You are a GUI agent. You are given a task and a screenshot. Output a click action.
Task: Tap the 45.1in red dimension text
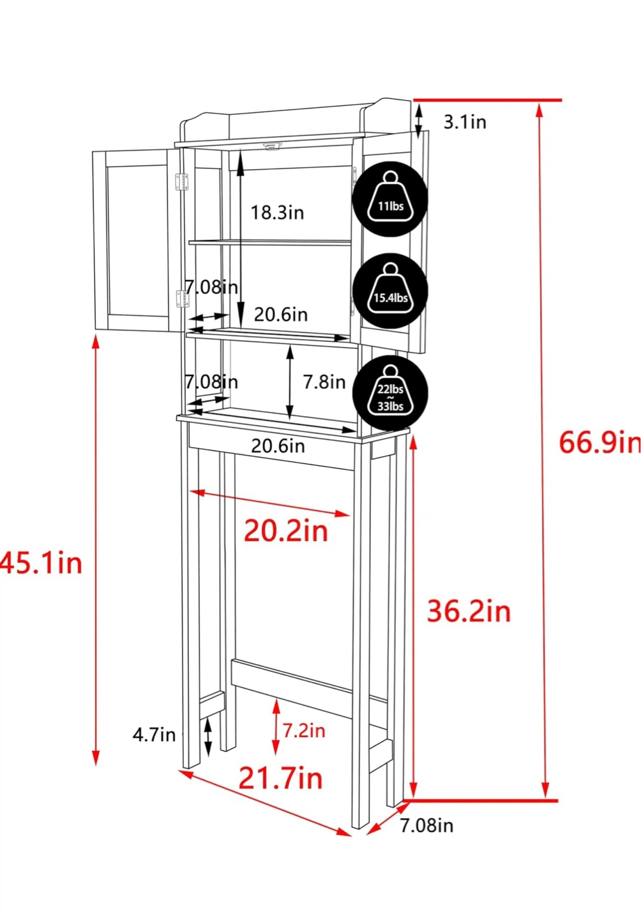click(41, 562)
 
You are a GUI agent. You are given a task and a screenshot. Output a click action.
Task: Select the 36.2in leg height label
click(469, 611)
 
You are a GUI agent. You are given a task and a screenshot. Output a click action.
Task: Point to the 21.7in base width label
click(281, 779)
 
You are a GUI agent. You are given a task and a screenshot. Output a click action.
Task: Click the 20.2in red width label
click(286, 531)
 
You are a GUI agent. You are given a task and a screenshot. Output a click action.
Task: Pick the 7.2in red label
click(304, 731)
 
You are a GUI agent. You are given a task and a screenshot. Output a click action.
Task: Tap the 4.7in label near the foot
click(154, 735)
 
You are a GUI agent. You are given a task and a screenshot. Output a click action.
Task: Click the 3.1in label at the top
click(465, 122)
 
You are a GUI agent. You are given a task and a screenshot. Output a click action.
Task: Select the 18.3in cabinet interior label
click(278, 213)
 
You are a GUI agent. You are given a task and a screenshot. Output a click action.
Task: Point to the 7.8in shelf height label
click(324, 382)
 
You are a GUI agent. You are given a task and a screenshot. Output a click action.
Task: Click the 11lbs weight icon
click(390, 199)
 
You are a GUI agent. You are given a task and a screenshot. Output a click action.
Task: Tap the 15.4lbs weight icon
click(390, 291)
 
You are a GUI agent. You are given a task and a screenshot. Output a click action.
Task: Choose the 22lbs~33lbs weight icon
click(390, 393)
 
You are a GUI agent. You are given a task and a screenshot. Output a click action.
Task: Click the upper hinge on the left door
click(182, 182)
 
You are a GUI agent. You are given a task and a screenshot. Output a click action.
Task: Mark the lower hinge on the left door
click(182, 298)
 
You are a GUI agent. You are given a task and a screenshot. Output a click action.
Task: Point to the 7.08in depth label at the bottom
click(426, 825)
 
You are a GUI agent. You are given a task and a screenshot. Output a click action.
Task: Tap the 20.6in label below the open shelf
click(278, 446)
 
